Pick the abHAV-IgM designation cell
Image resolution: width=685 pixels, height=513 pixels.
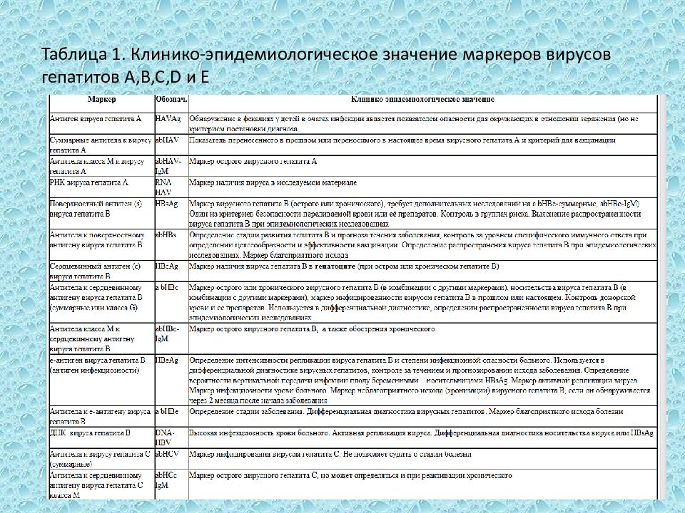pos(169,167)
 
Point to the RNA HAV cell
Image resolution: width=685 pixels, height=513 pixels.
pos(164,187)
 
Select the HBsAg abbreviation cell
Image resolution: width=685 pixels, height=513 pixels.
pos(166,204)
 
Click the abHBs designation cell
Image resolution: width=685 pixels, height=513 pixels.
pos(166,234)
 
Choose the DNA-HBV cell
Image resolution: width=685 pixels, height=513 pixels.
pos(165,437)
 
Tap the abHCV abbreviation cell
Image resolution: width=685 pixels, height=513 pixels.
pos(166,453)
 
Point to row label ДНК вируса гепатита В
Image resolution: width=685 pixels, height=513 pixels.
pos(89,432)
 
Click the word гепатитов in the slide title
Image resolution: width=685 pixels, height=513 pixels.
pos(81,76)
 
